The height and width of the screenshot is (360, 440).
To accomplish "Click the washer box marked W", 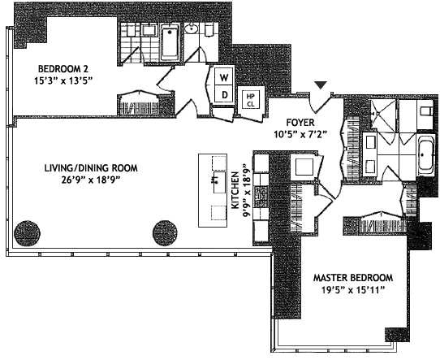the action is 223,76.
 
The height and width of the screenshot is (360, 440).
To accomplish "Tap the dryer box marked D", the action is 223,94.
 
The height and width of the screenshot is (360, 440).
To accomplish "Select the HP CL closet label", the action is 250,100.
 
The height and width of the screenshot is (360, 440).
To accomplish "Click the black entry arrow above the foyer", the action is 321,85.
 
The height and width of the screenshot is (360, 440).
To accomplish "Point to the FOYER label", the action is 300,123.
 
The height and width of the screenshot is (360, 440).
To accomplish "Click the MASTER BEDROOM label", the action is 353,278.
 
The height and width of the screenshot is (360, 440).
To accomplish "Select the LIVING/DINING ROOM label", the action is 91,168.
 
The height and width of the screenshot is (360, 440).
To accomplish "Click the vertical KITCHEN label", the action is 235,191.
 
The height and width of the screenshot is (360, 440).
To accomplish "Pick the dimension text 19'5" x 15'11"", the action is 352,290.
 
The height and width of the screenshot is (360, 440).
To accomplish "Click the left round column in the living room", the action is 27,233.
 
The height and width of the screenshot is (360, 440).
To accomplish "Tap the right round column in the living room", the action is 165,233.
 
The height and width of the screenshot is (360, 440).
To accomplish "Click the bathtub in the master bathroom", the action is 426,158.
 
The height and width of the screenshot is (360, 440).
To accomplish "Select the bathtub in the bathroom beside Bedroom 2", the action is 170,42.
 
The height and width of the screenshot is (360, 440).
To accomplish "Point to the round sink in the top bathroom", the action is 192,29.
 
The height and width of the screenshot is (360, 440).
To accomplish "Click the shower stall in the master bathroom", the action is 382,113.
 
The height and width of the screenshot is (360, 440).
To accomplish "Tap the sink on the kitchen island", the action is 219,182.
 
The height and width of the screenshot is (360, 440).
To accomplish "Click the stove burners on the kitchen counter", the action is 261,196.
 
